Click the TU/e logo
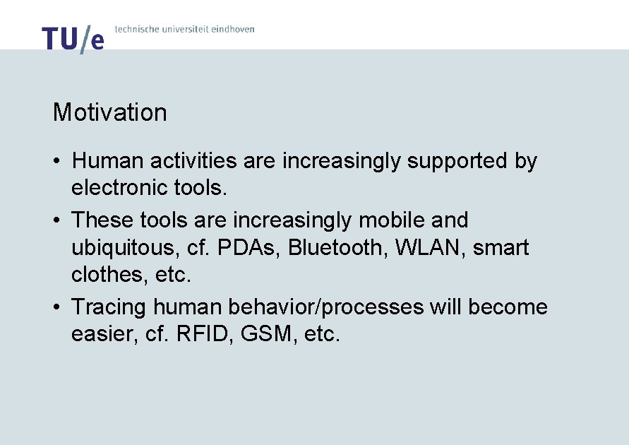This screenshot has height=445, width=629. pyautogui.click(x=73, y=39)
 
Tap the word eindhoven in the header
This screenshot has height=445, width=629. pyautogui.click(x=232, y=29)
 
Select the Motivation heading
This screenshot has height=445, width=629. pyautogui.click(x=109, y=112)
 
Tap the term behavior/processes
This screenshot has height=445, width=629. pyautogui.click(x=341, y=307)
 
